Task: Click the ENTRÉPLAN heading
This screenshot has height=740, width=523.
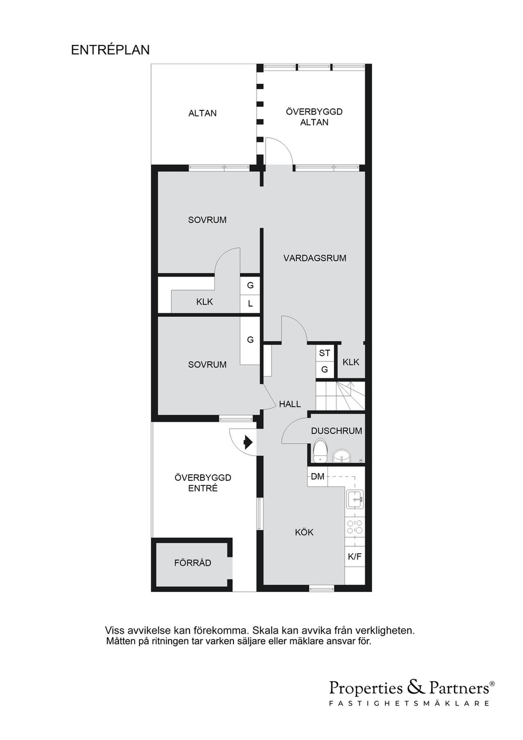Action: tap(110, 50)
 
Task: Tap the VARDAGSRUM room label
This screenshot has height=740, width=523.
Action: tap(315, 258)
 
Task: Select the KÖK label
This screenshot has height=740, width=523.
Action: tap(304, 532)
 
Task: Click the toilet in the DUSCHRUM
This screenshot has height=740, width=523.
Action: tap(320, 450)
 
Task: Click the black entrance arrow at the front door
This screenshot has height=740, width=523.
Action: tap(248, 442)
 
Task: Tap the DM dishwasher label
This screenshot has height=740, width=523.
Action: tap(318, 476)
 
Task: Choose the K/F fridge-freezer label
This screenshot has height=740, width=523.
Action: tap(355, 557)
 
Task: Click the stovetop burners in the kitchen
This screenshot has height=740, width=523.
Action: tap(355, 527)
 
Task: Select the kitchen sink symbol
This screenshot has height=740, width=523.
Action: tap(355, 499)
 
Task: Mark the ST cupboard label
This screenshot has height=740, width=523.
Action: tap(324, 353)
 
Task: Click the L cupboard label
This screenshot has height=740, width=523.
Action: tap(250, 304)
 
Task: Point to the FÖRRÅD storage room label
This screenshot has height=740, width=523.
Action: tap(193, 563)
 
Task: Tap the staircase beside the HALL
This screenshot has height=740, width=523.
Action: tap(340, 396)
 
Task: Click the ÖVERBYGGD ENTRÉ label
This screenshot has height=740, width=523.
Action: tap(203, 483)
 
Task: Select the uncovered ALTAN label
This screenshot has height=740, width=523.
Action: tap(202, 113)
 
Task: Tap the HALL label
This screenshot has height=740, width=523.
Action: tap(289, 404)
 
